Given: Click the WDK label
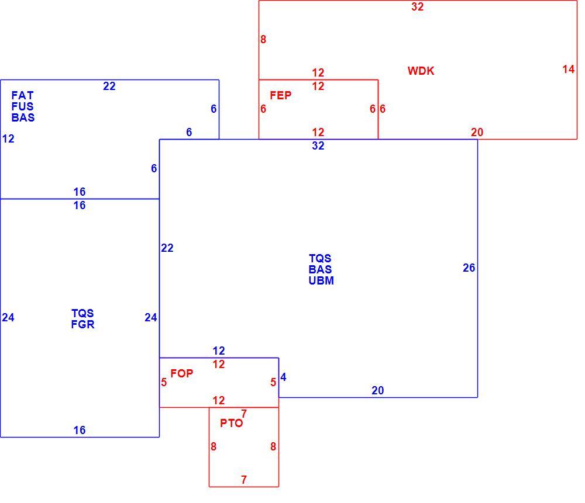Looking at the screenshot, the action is [x=421, y=71].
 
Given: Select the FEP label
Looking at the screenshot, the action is [x=281, y=95].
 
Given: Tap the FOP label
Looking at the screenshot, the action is [x=182, y=373].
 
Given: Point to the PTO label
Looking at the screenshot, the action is [x=231, y=424].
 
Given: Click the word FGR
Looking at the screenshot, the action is [x=83, y=325].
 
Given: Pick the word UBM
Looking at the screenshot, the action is [x=321, y=280].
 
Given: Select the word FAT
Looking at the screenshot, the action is [x=22, y=95].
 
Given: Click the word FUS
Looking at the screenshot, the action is [x=22, y=106].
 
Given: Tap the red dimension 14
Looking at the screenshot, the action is [x=569, y=70].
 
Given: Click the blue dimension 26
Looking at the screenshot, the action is [x=469, y=268].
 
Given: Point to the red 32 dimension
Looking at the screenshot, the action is [x=418, y=6].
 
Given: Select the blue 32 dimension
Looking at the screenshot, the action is [x=318, y=145].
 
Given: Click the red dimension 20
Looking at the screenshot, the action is [x=477, y=132].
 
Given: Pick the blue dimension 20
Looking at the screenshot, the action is [x=377, y=390].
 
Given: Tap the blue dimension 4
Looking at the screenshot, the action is [x=283, y=377].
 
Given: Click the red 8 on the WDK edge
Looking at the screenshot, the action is [x=263, y=40].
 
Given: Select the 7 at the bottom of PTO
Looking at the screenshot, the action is [x=243, y=480].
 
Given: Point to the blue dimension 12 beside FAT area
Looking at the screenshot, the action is [x=8, y=139].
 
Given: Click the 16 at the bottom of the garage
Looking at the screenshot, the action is [x=80, y=431].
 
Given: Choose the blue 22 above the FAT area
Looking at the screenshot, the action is [x=109, y=86].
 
